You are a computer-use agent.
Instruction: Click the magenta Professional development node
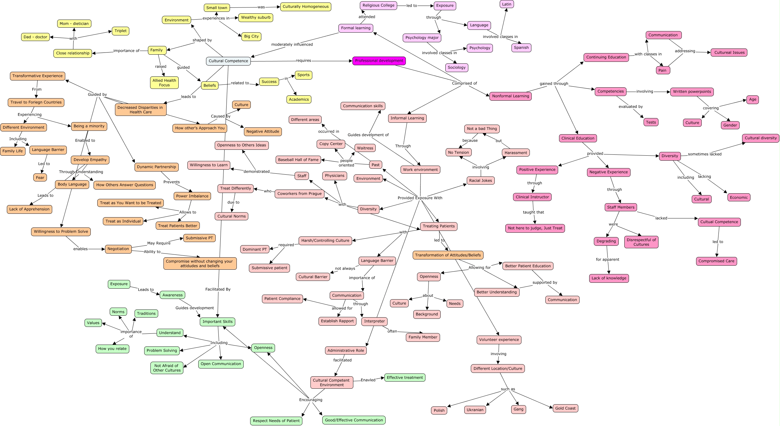pyautogui.click(x=379, y=61)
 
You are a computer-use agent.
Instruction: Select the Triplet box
pyautogui.click(x=121, y=31)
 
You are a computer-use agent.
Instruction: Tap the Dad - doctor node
pyautogui.click(x=35, y=37)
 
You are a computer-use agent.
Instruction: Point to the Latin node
pyautogui.click(x=507, y=4)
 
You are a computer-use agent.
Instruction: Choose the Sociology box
pyautogui.click(x=457, y=67)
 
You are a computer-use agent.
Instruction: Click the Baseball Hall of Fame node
pyautogui.click(x=298, y=160)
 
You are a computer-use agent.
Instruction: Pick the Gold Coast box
pyautogui.click(x=565, y=408)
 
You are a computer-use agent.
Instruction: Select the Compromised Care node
pyautogui.click(x=716, y=261)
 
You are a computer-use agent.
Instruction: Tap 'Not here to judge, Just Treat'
pyautogui.click(x=535, y=228)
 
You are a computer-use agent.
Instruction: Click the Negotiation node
pyautogui.click(x=118, y=249)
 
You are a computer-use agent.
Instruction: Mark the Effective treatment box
pyautogui.click(x=405, y=378)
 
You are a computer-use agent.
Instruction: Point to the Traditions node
pyautogui.click(x=146, y=314)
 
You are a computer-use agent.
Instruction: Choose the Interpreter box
pyautogui.click(x=374, y=321)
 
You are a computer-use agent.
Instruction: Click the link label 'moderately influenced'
pyautogui.click(x=292, y=44)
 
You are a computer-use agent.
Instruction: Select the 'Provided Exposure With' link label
pyautogui.click(x=420, y=198)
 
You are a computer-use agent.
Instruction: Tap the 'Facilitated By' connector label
pyautogui.click(x=218, y=289)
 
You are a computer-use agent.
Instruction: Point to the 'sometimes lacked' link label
pyautogui.click(x=704, y=154)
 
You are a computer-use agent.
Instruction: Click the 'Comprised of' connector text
pyautogui.click(x=464, y=83)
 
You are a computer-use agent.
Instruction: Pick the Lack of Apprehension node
pyautogui.click(x=29, y=209)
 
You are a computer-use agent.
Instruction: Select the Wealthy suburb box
pyautogui.click(x=256, y=18)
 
